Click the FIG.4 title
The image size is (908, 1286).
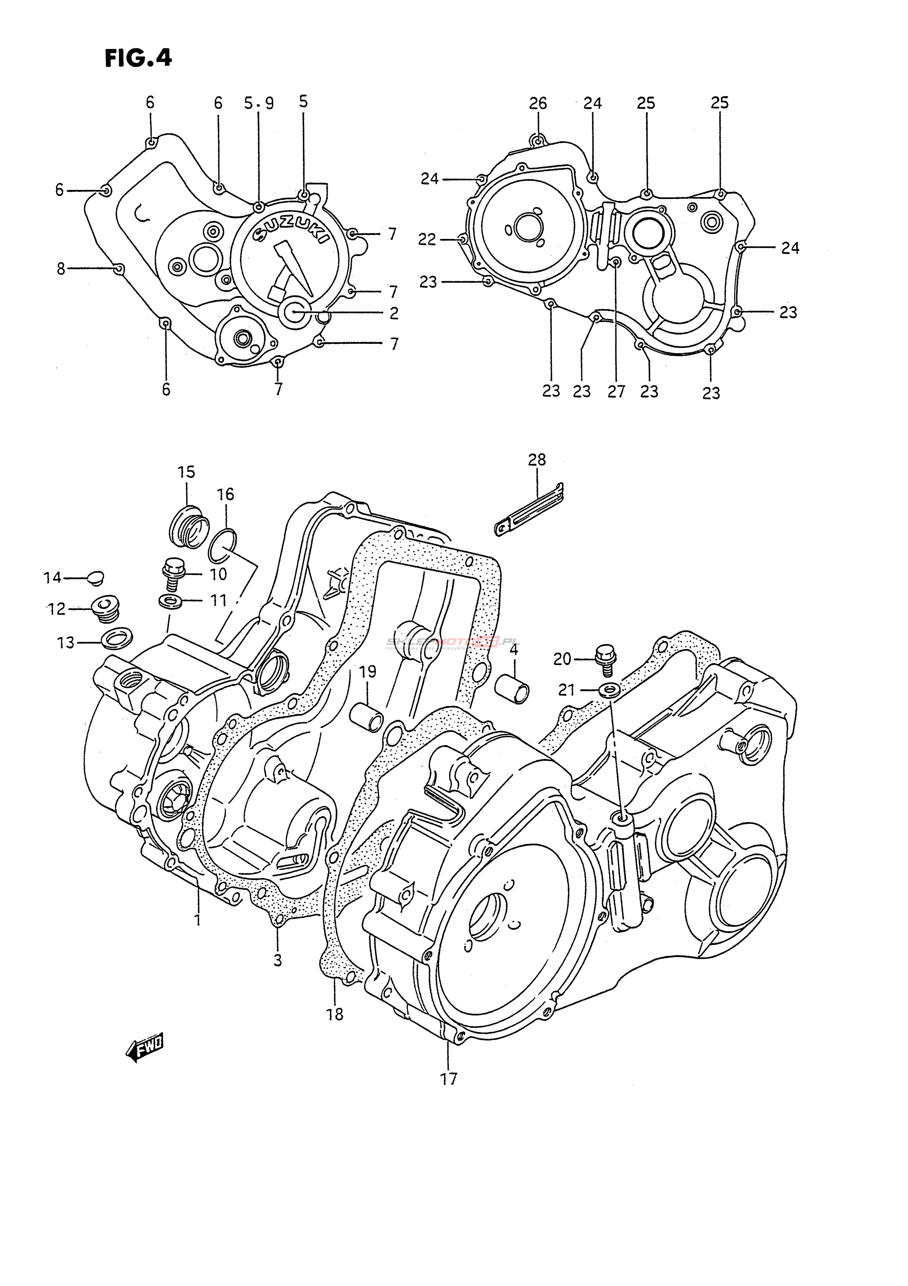(x=138, y=58)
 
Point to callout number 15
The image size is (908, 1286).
(x=187, y=472)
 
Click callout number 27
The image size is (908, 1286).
(x=616, y=391)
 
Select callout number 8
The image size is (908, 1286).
(x=61, y=269)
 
